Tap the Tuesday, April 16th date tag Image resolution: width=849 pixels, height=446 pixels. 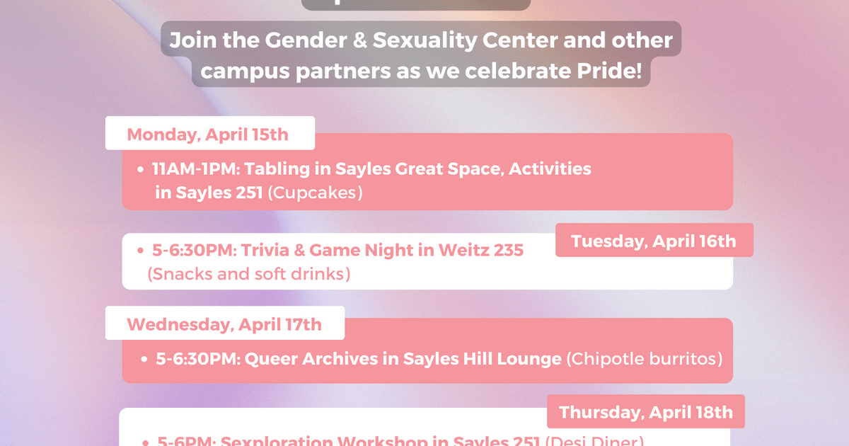click(x=654, y=241)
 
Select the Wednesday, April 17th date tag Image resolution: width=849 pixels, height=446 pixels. click(x=224, y=324)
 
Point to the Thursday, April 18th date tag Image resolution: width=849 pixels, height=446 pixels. click(x=645, y=412)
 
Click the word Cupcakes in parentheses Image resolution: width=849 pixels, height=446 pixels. click(x=315, y=193)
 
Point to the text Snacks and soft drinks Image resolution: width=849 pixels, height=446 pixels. click(x=249, y=273)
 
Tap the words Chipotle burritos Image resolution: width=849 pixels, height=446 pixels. click(x=645, y=359)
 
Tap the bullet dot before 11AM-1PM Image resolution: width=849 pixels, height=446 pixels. click(x=142, y=170)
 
